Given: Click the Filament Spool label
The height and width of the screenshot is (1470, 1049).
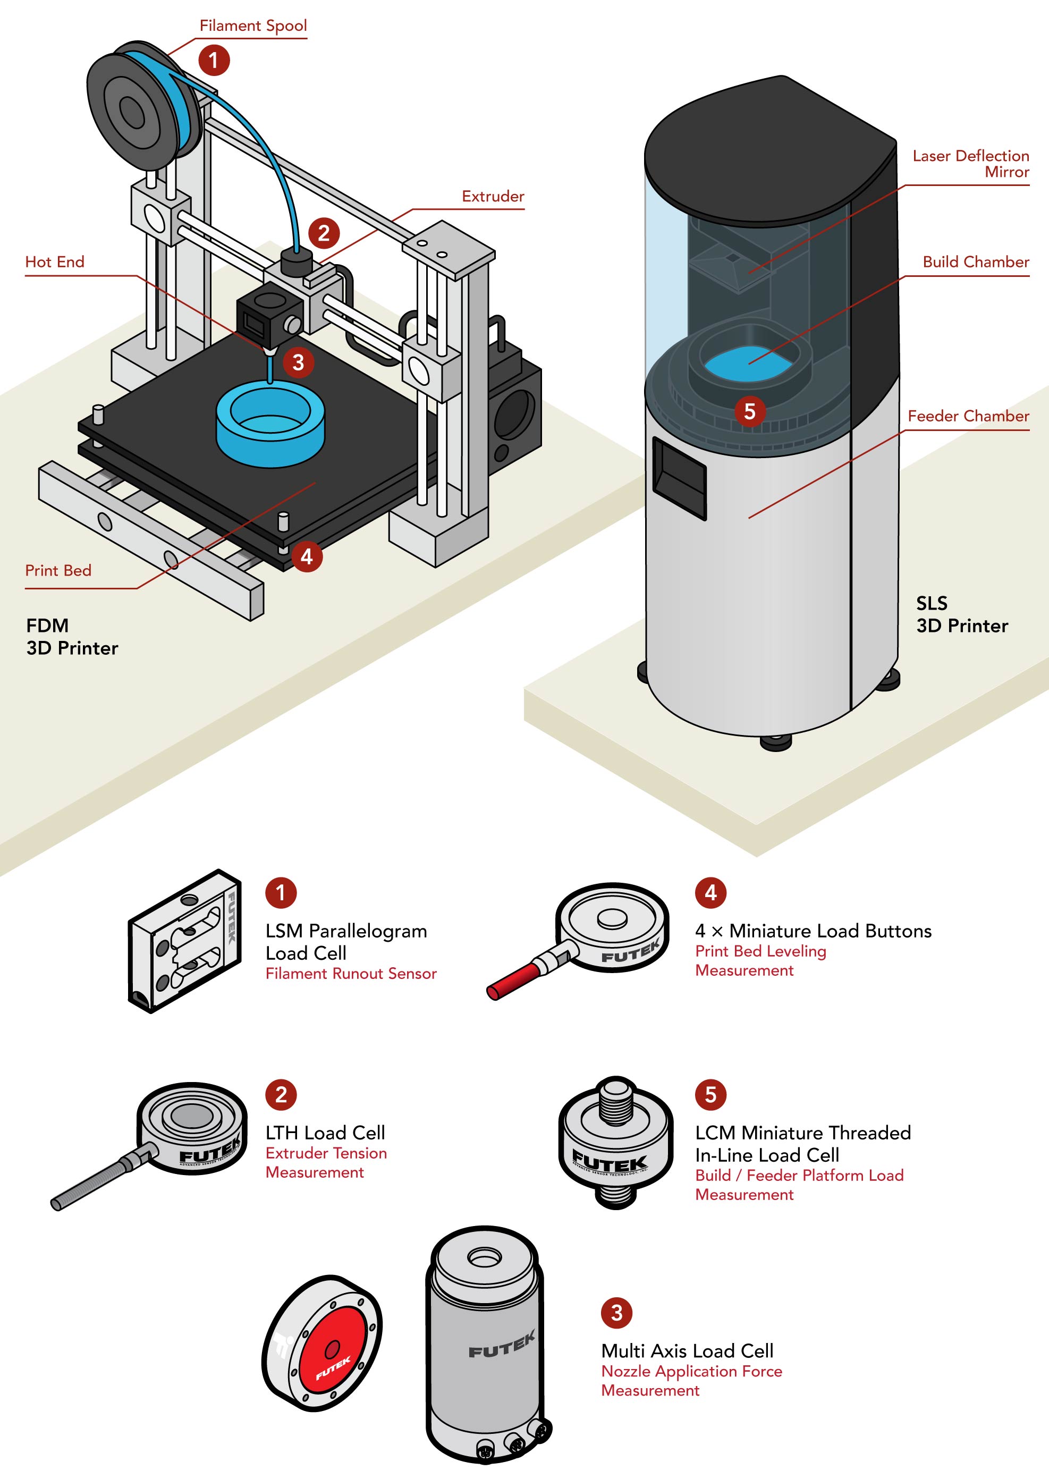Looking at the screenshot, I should [x=252, y=26].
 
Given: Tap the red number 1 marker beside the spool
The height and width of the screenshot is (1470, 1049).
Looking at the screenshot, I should [x=214, y=60].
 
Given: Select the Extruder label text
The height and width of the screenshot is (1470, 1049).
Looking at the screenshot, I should [x=492, y=196].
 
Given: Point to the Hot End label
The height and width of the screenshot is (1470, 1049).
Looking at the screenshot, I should [x=55, y=261].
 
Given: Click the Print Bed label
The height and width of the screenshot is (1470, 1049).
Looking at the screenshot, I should [x=58, y=570].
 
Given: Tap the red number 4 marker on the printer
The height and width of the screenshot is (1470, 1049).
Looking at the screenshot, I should [x=306, y=556].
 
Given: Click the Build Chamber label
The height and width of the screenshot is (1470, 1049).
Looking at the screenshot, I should [x=975, y=261].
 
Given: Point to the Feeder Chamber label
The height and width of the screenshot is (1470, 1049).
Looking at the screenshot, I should [x=968, y=416].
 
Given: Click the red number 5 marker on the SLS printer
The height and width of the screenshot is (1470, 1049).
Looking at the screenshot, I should [x=749, y=411].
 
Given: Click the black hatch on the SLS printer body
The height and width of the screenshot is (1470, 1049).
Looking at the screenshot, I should [x=679, y=477].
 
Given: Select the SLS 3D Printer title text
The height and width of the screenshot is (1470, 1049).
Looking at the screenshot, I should [x=961, y=614].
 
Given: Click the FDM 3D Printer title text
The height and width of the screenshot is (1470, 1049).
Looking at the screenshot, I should [x=72, y=636].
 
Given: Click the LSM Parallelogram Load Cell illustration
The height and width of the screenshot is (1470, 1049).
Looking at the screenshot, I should [x=185, y=940].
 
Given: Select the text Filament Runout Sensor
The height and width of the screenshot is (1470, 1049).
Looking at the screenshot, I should [x=351, y=973].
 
